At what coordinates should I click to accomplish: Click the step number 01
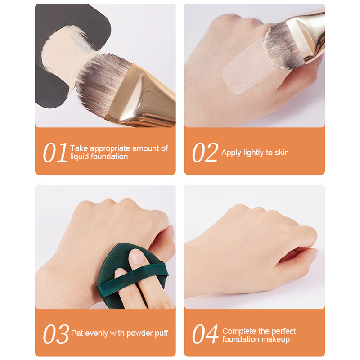(x=55, y=153)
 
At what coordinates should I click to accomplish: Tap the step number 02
(x=205, y=153)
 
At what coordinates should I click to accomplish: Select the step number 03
(x=56, y=334)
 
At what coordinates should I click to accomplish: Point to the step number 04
(x=205, y=334)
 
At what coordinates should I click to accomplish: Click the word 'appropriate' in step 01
(x=110, y=149)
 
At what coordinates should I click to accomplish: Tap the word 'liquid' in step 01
(x=80, y=157)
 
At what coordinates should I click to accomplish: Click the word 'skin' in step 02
(x=282, y=153)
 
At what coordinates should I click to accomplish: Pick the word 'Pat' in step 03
(x=77, y=333)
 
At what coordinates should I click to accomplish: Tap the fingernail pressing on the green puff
(x=137, y=256)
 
